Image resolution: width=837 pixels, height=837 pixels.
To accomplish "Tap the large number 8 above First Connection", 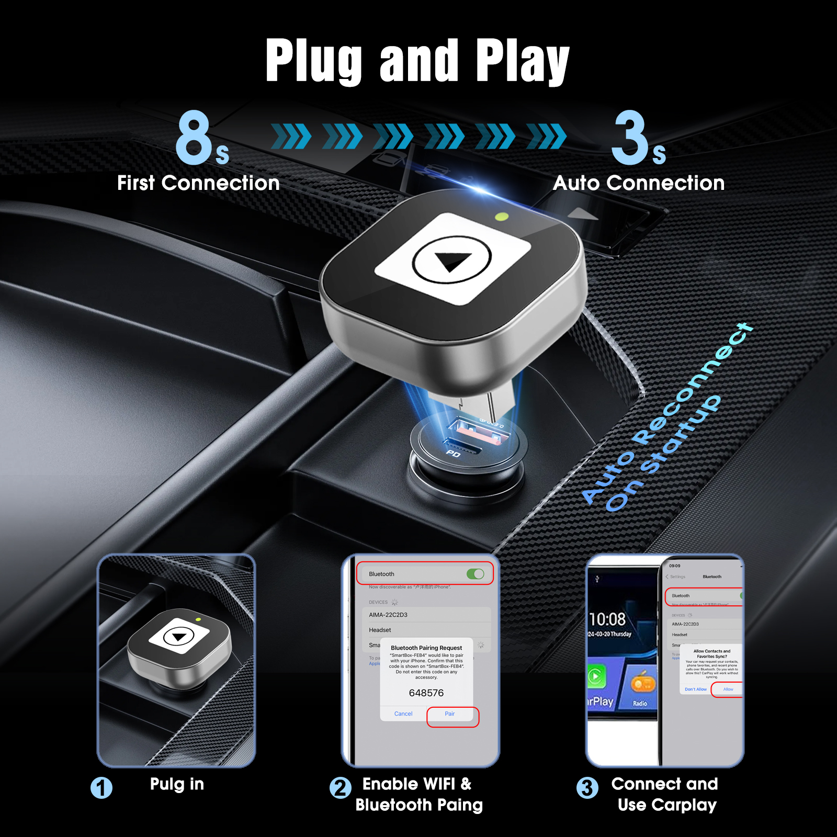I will (194, 137).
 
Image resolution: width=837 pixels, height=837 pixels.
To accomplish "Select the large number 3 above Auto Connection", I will (630, 137).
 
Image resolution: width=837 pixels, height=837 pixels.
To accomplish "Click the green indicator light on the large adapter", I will (501, 216).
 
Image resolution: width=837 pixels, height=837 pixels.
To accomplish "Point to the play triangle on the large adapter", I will (453, 261).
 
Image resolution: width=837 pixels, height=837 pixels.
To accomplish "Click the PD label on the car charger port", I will (453, 454).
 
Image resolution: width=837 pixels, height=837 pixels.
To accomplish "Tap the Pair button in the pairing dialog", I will (450, 714).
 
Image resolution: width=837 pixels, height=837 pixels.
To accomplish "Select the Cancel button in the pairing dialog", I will (403, 714).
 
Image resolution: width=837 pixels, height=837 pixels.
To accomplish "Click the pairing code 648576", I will (426, 693).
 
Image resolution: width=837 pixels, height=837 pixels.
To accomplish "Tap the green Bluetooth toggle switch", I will (476, 574).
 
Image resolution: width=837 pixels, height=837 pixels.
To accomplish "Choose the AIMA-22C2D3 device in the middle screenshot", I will (388, 615).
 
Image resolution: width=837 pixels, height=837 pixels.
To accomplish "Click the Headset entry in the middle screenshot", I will (380, 630).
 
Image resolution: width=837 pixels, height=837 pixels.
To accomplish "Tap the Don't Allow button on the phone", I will (695, 689).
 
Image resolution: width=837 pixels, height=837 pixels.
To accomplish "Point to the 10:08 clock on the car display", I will (607, 619).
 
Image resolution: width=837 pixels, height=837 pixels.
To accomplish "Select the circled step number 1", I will (101, 788).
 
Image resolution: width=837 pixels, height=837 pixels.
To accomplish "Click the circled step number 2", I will (341, 788).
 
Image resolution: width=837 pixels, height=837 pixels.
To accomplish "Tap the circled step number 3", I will (587, 788).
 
